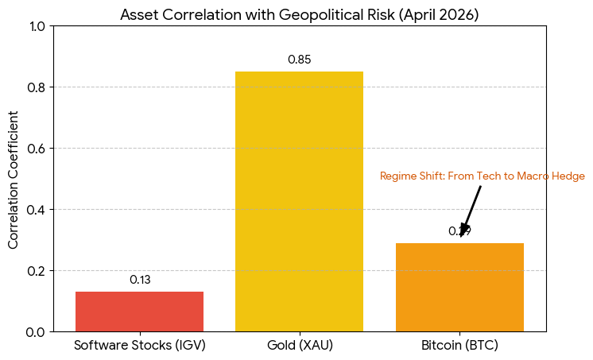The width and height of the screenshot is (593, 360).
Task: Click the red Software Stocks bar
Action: tap(139, 312)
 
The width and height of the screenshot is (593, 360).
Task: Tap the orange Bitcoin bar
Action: tap(459, 287)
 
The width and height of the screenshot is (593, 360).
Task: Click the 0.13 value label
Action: tap(140, 280)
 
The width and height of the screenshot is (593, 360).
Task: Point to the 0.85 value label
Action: tap(299, 60)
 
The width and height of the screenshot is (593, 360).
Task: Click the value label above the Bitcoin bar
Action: tap(459, 231)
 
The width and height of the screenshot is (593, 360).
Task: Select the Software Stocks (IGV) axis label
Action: tap(140, 346)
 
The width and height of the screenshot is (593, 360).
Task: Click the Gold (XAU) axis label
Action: tap(299, 346)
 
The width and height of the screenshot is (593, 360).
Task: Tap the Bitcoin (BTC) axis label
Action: tap(459, 346)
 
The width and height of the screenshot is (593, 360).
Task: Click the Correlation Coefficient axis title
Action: tap(14, 179)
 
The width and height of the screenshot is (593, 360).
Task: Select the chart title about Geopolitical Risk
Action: tap(299, 15)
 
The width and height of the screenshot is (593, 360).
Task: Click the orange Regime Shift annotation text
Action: tap(482, 176)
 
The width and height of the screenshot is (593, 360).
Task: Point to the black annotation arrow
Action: tap(471, 210)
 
